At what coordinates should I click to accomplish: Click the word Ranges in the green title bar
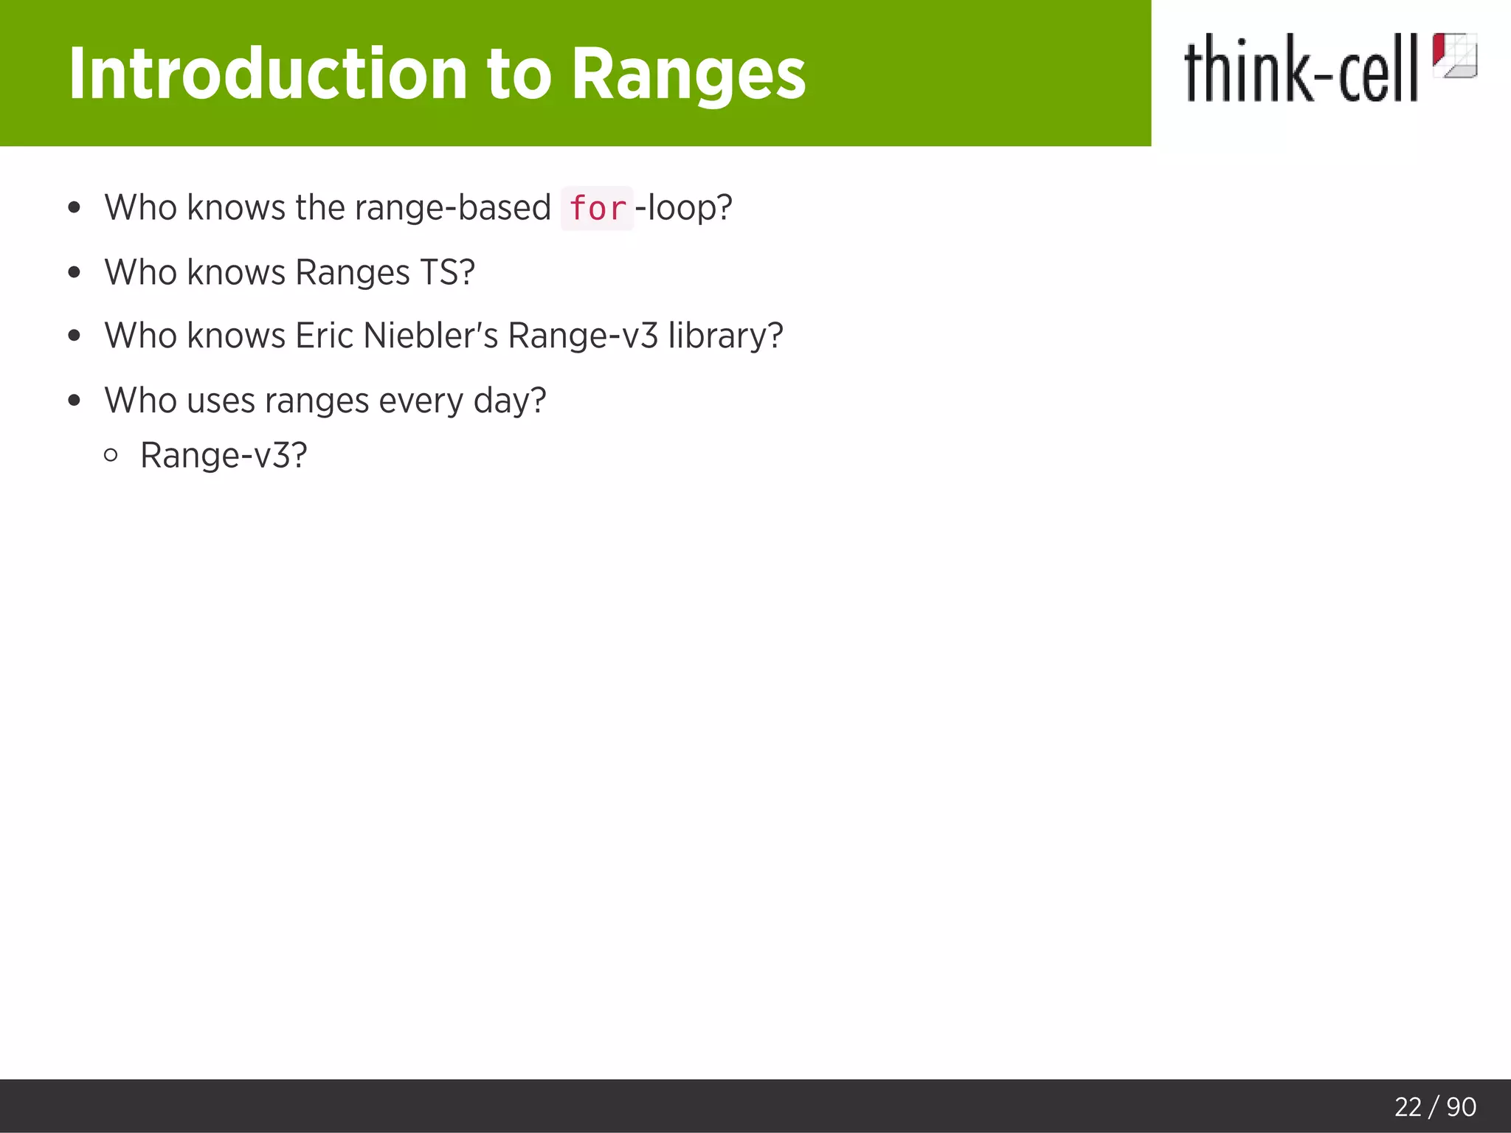click(688, 75)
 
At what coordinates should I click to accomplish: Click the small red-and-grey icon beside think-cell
click(1454, 55)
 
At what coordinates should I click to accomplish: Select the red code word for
click(597, 209)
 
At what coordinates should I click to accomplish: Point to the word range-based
click(452, 207)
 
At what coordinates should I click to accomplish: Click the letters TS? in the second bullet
click(447, 272)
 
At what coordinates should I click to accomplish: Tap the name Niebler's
click(431, 336)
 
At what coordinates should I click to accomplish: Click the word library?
click(725, 336)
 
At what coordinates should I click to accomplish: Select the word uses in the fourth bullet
click(221, 401)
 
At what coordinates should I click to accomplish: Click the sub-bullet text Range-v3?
click(223, 455)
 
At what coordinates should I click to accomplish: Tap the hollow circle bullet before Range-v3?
click(111, 455)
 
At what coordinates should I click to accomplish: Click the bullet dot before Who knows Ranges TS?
click(74, 272)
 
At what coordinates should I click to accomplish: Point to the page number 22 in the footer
click(1408, 1106)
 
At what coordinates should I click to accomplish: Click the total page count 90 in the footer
click(1461, 1106)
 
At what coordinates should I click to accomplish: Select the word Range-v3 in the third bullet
click(583, 336)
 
